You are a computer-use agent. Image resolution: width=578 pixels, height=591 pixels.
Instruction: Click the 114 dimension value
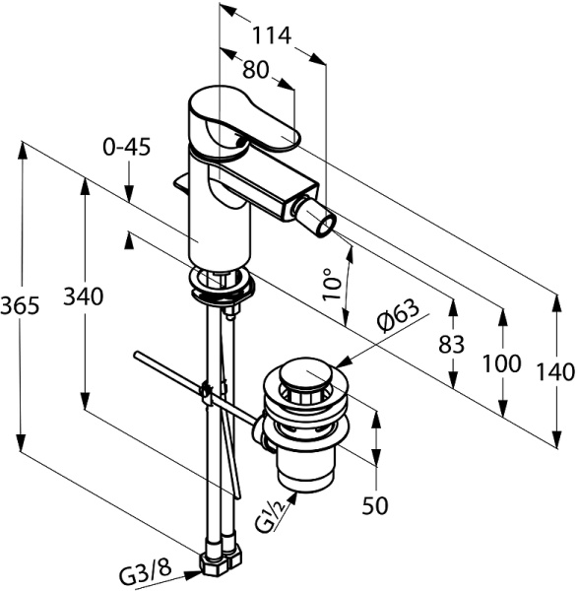272,35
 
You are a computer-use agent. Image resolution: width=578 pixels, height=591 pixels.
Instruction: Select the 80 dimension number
255,70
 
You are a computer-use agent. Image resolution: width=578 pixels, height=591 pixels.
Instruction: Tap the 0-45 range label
127,147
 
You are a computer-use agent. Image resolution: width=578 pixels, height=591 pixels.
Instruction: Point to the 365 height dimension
20,305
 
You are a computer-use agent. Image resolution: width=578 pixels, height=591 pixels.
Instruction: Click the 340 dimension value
83,295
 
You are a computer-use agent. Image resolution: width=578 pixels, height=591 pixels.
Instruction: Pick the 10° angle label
332,284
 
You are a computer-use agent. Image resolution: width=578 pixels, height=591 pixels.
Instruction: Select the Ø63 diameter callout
398,315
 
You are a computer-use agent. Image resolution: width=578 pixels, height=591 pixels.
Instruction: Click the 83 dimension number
452,344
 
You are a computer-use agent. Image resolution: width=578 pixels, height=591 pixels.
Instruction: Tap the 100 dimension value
502,363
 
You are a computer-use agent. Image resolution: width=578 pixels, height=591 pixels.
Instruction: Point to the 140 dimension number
555,372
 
